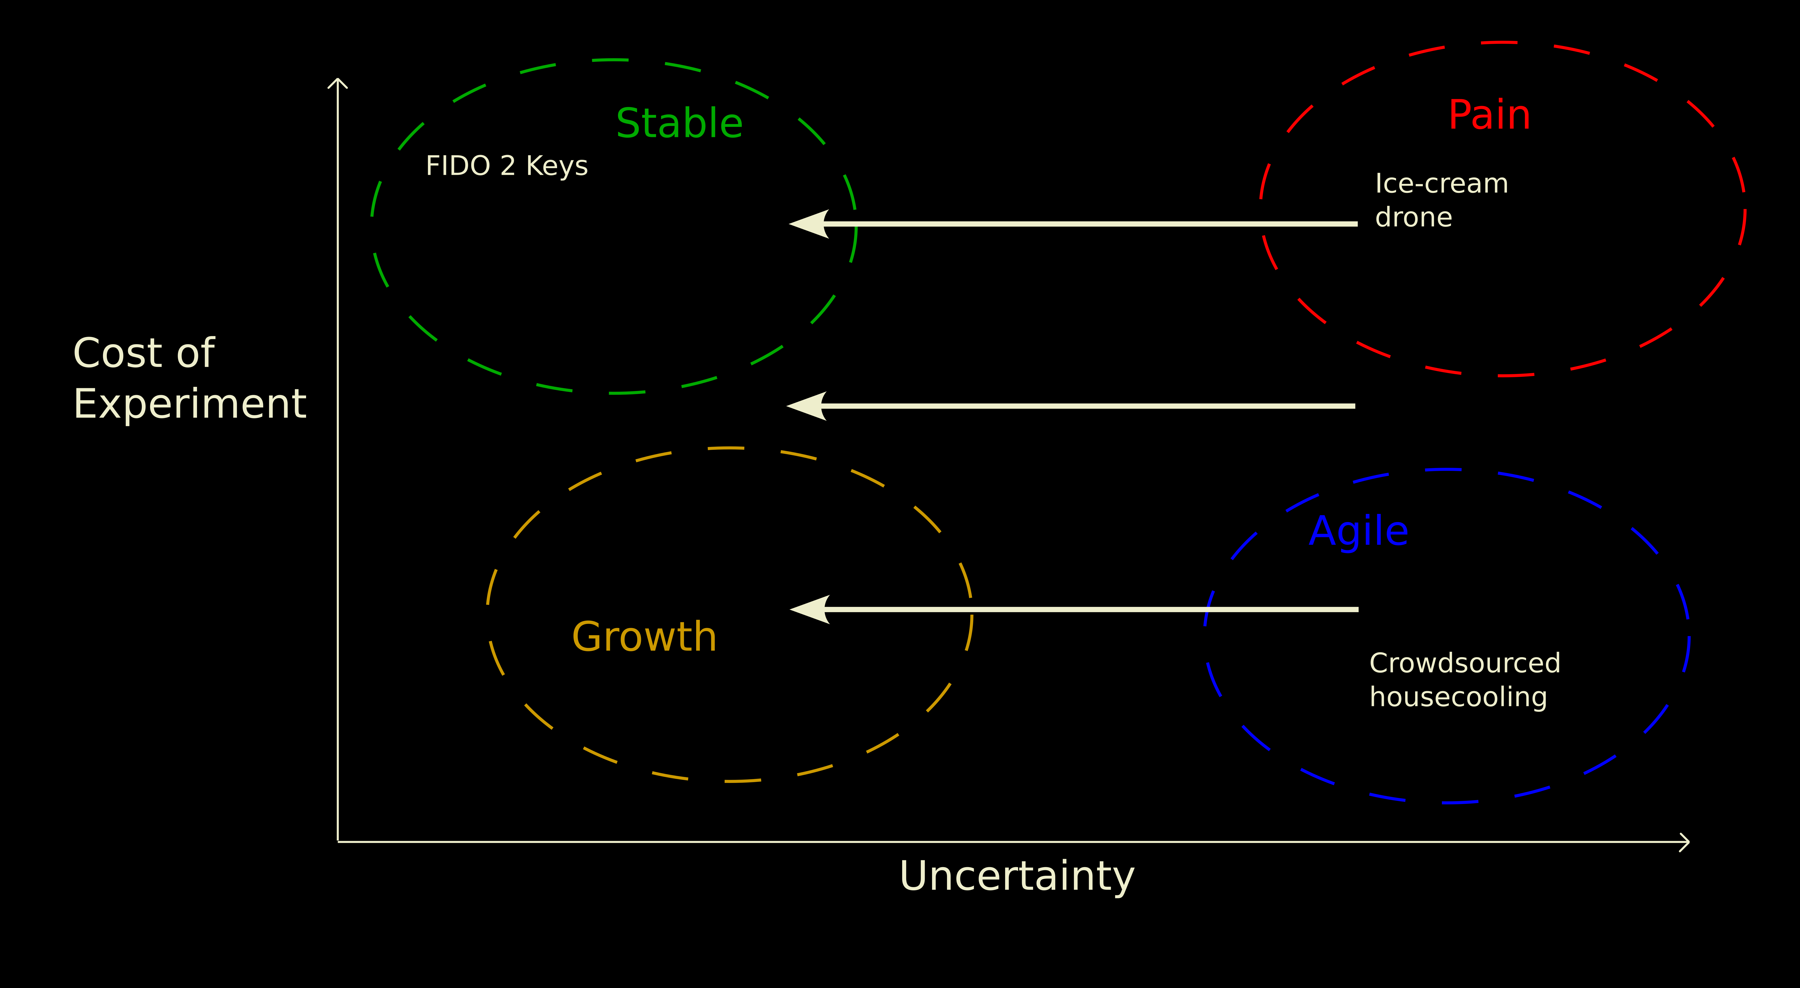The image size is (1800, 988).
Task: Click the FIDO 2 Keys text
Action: point(507,166)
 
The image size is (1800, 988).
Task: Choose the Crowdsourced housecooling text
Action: point(1465,679)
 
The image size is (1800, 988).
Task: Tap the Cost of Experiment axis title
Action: point(189,378)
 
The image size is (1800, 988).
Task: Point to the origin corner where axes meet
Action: point(338,841)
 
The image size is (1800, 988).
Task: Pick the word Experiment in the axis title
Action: point(189,404)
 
